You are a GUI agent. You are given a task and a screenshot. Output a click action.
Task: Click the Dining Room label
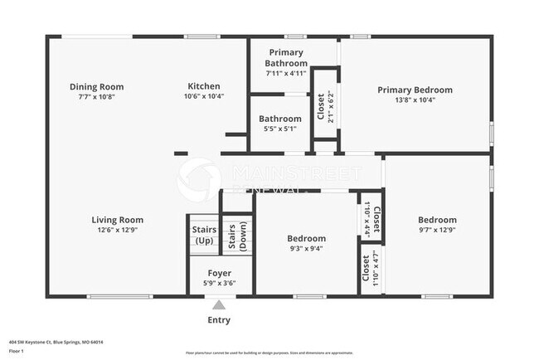96,86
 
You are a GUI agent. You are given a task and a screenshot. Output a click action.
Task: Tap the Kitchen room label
203,86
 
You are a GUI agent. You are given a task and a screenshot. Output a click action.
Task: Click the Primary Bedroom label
415,90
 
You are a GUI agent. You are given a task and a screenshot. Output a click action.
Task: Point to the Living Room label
117,220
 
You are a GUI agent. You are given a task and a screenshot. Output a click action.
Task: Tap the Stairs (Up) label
203,235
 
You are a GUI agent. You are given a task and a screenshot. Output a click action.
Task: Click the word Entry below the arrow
219,320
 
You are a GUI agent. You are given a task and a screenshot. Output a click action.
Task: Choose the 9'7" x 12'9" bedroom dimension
436,230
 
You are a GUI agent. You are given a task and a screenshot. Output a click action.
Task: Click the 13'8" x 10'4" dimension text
415,100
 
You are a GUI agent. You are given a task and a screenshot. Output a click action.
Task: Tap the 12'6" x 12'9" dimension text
117,230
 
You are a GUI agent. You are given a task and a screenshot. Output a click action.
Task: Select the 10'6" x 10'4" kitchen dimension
203,96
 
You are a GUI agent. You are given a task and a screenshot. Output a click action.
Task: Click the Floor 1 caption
17,352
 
